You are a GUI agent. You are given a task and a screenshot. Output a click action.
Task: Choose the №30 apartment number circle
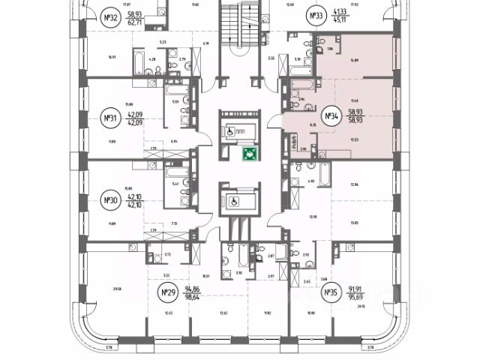point(111,201)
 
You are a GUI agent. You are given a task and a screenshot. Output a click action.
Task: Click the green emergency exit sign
point(246,154)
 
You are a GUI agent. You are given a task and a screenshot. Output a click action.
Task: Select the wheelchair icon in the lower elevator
point(233,201)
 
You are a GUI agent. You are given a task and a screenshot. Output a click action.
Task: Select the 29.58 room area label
point(116,287)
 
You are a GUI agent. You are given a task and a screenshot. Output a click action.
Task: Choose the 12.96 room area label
point(355,184)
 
